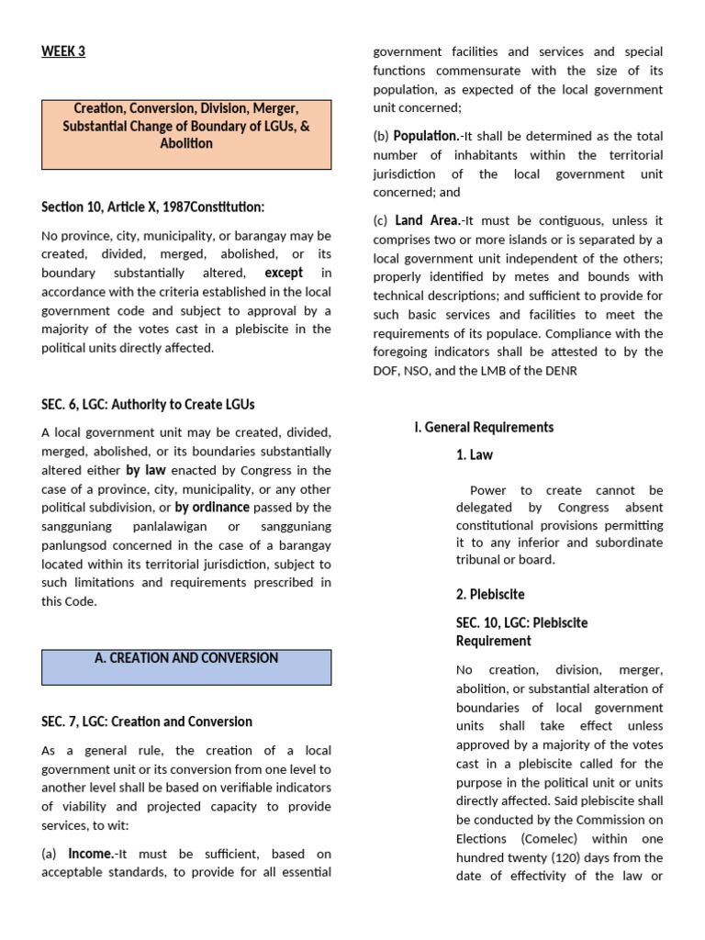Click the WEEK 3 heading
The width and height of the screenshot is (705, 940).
click(63, 51)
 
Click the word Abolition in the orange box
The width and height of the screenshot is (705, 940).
click(186, 143)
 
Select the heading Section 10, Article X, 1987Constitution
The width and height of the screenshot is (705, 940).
click(152, 207)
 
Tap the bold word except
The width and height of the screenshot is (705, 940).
click(284, 273)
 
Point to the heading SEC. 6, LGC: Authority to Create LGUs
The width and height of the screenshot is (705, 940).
click(148, 404)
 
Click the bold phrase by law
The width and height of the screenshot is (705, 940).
click(146, 470)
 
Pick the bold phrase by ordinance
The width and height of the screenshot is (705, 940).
click(212, 507)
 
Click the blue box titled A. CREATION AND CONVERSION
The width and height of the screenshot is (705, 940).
click(186, 666)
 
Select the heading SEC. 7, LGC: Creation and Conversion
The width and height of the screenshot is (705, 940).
click(147, 722)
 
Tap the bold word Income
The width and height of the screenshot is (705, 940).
click(91, 854)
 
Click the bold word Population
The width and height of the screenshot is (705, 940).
click(425, 136)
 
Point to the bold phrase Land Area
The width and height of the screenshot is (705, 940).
click(426, 220)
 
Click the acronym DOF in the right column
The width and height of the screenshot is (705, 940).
click(386, 371)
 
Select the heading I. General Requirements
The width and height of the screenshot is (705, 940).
click(484, 427)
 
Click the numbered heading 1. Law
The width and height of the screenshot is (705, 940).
click(475, 454)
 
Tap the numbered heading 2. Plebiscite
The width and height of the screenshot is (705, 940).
click(490, 594)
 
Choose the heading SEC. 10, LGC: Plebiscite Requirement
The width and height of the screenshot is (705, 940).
click(521, 632)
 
